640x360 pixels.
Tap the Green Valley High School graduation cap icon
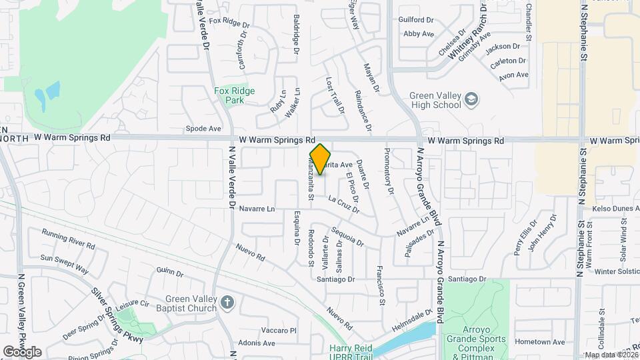472,99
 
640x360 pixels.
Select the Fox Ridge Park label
234,95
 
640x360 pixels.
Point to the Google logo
22,351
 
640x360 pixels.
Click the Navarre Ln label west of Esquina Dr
257,209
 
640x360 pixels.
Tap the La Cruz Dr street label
343,203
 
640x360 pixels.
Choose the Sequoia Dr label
347,237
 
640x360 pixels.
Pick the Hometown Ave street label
540,342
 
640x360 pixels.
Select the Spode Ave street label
203,128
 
